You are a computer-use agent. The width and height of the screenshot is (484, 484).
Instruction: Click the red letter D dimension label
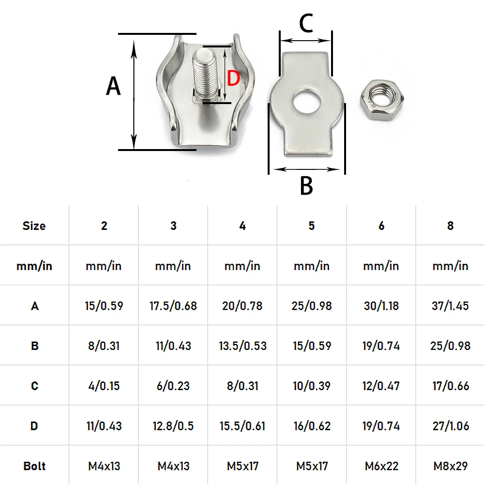[x=233, y=78]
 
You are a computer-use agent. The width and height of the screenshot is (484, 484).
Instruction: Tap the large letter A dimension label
[x=113, y=86]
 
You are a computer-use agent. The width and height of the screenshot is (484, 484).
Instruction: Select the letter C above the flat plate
[x=306, y=23]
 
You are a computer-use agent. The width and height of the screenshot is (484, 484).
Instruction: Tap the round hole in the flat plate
[x=307, y=101]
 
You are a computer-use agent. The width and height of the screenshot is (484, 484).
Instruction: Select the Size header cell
[x=34, y=226]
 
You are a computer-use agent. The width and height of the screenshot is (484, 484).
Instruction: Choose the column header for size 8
[x=450, y=226]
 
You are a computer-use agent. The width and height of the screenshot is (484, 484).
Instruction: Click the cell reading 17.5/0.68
[x=173, y=306]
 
